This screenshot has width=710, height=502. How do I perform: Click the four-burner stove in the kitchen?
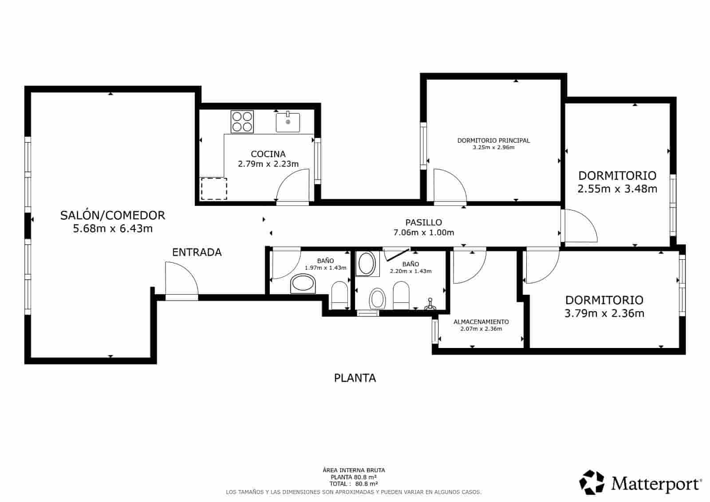click(x=242, y=122)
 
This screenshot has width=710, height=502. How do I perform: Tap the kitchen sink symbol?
click(x=288, y=122)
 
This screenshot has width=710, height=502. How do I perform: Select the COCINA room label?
click(x=268, y=154)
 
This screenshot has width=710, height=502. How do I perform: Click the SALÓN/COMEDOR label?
click(x=113, y=215)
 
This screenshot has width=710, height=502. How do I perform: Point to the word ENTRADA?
click(x=197, y=252)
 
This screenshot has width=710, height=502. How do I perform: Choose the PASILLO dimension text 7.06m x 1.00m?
click(x=423, y=232)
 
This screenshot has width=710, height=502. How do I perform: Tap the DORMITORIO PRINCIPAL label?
click(x=493, y=140)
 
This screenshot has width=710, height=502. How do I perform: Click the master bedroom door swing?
click(x=449, y=186)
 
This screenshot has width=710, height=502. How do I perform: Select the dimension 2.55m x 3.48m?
click(x=617, y=189)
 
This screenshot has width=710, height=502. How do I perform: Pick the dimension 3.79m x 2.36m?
click(x=604, y=313)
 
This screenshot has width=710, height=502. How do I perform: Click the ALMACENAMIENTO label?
click(x=481, y=322)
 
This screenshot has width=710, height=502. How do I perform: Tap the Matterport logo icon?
click(x=592, y=482)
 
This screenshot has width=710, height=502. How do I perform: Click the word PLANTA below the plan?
click(x=355, y=378)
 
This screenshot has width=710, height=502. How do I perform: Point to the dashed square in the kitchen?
click(x=214, y=189)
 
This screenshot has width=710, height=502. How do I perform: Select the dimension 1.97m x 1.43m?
click(x=325, y=268)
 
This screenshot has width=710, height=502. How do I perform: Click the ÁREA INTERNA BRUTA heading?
click(x=354, y=470)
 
